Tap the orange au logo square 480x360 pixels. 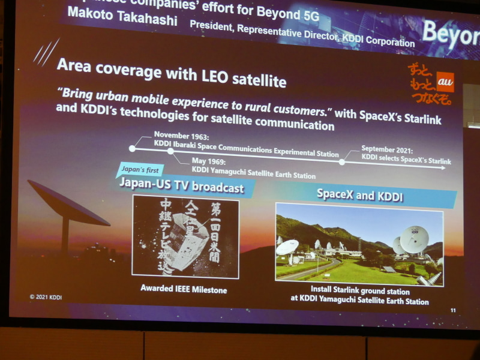pos(445,80)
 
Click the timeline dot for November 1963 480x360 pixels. pos(133,148)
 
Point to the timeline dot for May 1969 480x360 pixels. pos(170,152)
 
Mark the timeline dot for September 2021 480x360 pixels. pos(342,161)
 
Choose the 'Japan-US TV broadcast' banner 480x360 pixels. pos(181,187)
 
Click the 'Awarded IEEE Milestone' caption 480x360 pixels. pos(184,289)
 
